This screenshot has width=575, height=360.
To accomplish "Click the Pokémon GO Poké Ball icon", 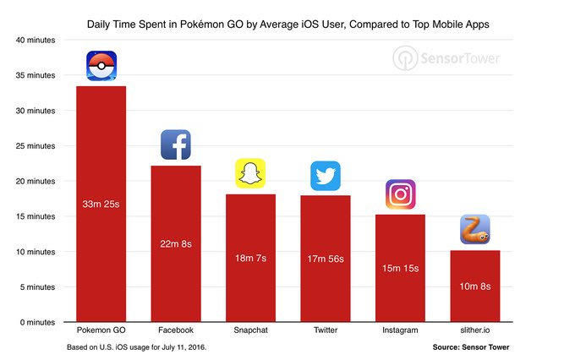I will coord(101,66).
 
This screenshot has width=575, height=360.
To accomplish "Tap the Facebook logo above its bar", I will coord(176,145).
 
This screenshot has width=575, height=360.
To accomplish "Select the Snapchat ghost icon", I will coord(250,173).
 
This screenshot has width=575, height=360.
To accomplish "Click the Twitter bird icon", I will coord(326,176).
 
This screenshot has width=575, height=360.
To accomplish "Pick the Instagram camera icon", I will coord(400,194).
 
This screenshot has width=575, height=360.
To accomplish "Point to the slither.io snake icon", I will coord(474,230).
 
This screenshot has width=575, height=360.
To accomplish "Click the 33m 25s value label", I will coord(101,205).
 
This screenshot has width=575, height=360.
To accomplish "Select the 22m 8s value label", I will coord(176,244).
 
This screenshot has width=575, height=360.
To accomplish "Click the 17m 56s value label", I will coord(326,259).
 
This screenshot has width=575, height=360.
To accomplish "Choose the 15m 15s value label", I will coord(400,268).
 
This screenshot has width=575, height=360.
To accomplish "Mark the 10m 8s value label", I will coord(474,286).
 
